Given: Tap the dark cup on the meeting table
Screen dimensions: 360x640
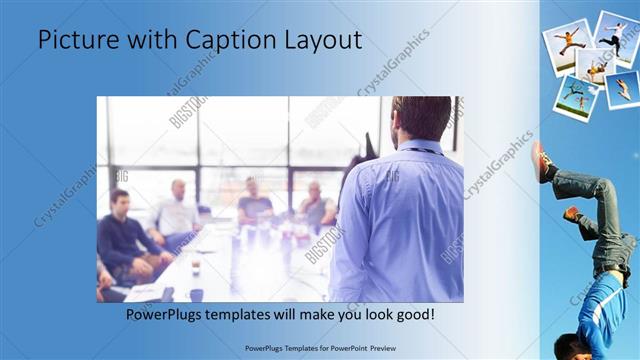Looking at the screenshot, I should pos(195,294).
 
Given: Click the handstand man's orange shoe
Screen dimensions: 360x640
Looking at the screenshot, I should pos(541,160).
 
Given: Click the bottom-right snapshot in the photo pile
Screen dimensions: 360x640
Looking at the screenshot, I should pos(621,89).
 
